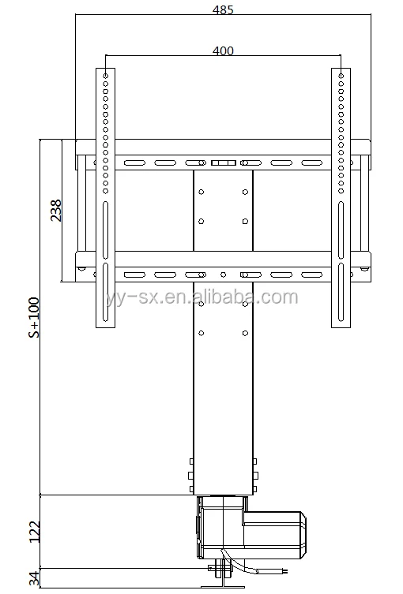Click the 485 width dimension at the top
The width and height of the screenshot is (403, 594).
click(223, 10)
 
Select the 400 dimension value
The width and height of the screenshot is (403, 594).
click(223, 50)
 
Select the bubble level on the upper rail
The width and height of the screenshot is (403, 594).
click(223, 163)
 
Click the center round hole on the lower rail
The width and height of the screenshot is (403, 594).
click(223, 275)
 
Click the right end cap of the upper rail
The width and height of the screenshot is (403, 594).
click(367, 163)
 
